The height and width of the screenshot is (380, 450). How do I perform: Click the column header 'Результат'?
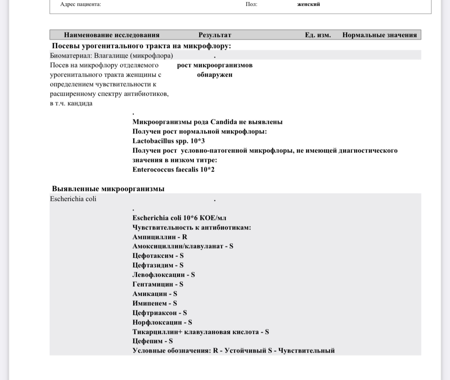(x=215, y=35)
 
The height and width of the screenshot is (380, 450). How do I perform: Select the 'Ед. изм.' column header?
(x=318, y=35)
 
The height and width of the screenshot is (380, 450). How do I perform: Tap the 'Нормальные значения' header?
(x=379, y=35)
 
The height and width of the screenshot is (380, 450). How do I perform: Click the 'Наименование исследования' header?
(x=111, y=35)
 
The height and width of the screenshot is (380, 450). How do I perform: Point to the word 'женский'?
(x=309, y=5)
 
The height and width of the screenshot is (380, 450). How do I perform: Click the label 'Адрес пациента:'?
(x=81, y=5)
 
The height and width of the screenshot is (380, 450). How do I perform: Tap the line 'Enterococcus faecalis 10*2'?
(x=173, y=170)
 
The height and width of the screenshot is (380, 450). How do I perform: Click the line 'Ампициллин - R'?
(x=160, y=237)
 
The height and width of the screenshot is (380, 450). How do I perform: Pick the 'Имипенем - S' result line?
(x=155, y=303)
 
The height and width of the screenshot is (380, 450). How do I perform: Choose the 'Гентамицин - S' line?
(x=158, y=284)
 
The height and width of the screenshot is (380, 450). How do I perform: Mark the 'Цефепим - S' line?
(x=153, y=341)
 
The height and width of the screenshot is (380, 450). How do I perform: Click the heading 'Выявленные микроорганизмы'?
(x=108, y=189)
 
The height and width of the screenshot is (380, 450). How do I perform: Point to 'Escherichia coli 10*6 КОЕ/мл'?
(x=179, y=218)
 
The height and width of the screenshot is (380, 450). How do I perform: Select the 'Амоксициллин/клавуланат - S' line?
(x=183, y=246)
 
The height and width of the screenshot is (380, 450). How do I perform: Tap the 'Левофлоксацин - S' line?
(x=164, y=275)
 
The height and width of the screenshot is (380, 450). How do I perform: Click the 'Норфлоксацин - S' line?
(x=162, y=322)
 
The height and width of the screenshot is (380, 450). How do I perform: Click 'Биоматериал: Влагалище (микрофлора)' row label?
(x=111, y=56)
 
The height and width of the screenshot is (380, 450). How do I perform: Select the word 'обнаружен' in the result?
(x=215, y=75)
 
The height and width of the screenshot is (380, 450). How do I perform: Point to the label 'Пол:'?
(x=251, y=5)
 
